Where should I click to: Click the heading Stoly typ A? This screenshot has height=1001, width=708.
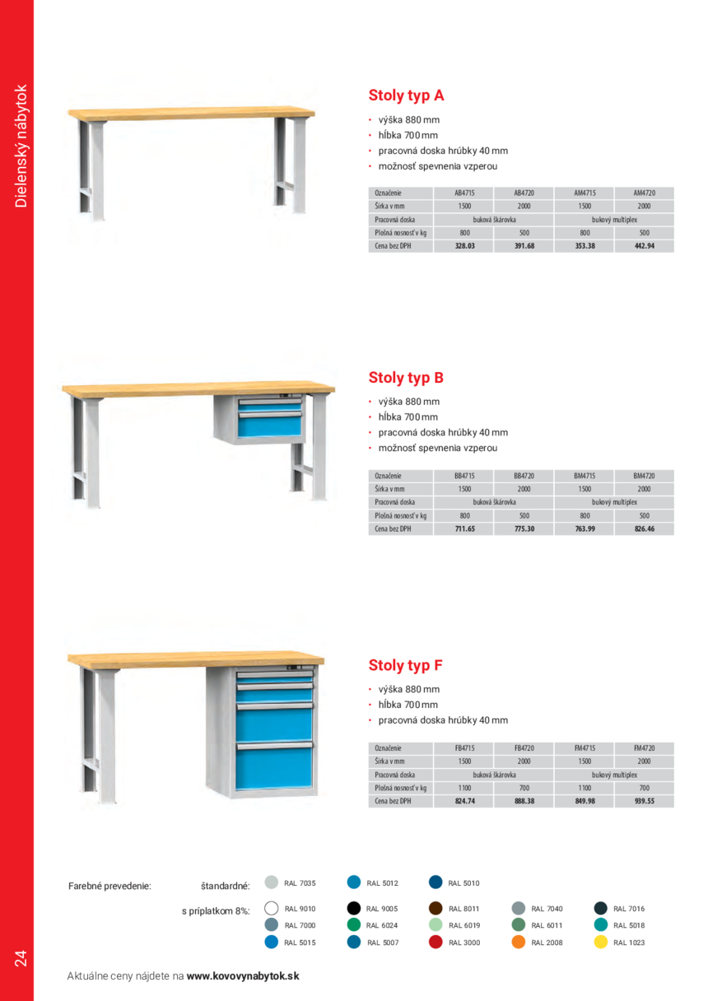[406, 95]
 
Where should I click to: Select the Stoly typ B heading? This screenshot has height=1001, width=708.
[406, 378]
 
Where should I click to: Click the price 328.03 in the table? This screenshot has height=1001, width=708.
[465, 245]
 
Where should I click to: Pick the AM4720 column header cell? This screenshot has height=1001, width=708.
[644, 193]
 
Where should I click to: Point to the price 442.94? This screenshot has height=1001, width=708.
[644, 245]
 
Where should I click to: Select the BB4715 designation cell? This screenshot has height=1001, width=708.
[465, 476]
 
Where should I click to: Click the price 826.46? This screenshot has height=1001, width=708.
[644, 528]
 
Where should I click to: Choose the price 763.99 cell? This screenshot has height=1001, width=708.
[585, 528]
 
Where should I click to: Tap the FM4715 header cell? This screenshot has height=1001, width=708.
[585, 747]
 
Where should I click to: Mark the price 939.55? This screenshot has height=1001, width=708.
[644, 800]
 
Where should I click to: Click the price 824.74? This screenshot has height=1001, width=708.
[465, 800]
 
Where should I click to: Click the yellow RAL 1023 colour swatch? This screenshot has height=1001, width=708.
[601, 942]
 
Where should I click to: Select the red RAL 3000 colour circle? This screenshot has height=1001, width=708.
[436, 942]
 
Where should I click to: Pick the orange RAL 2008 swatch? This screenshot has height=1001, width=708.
[519, 942]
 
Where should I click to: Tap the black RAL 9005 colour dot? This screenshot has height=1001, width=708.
[354, 909]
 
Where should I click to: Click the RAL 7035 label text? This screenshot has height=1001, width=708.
[300, 883]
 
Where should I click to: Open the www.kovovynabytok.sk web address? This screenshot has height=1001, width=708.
[243, 976]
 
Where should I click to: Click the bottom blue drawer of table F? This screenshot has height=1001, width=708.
[276, 769]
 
